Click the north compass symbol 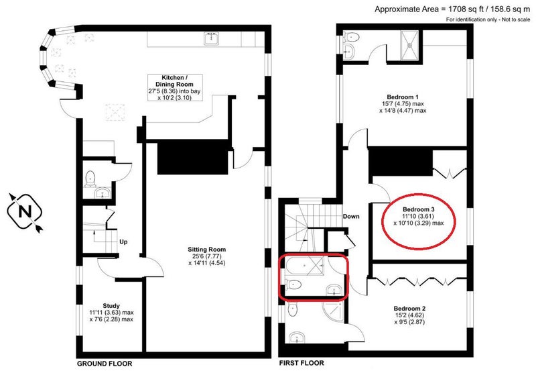point(25,212)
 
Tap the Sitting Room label point(206,256)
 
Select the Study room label point(111,312)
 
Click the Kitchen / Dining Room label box point(175,88)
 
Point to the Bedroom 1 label point(403,104)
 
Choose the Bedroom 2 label point(409,315)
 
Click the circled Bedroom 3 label point(418,216)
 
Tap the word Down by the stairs point(351,216)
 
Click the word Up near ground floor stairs point(123,242)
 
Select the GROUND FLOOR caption point(105,364)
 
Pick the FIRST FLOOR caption point(301,363)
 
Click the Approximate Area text point(452,9)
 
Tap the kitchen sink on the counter point(212,38)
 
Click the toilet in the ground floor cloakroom point(90,179)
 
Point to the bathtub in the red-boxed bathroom point(304,266)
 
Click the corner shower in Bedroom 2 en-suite point(333,311)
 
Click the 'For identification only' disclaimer point(488,19)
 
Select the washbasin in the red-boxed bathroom point(334,290)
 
